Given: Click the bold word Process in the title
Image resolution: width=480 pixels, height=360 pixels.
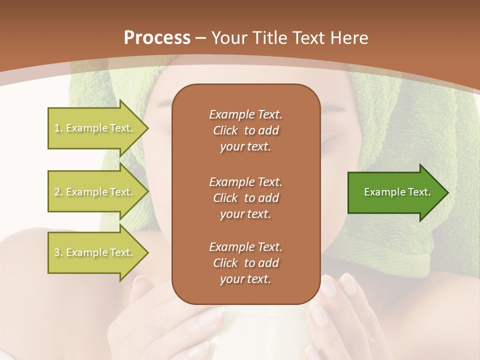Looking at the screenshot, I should click(157, 38).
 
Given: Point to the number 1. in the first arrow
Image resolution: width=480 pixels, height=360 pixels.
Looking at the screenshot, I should click(58, 128).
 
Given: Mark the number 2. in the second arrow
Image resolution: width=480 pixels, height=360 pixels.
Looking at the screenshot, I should click(58, 192).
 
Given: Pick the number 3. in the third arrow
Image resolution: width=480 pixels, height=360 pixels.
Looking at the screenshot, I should click(58, 253).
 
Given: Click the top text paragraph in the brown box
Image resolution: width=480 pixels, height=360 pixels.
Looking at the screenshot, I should click(245, 130).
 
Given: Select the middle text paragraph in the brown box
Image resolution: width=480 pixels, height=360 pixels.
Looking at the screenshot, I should click(245, 198).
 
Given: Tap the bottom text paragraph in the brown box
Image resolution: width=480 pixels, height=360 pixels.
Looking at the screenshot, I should click(245, 263).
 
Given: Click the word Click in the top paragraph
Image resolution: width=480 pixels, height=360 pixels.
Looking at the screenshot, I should click(225, 130).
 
